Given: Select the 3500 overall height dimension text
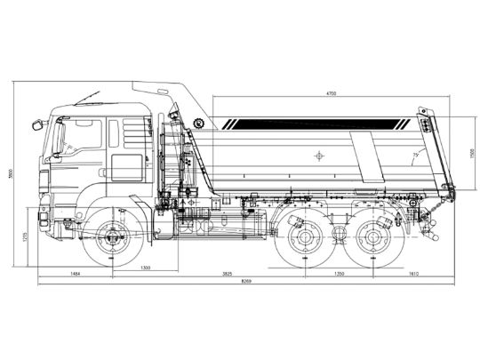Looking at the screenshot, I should click(x=12, y=175).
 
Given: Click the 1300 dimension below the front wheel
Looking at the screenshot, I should click(x=144, y=267).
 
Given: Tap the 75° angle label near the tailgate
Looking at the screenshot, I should click(x=415, y=156).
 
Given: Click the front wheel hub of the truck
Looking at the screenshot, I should click(x=112, y=237).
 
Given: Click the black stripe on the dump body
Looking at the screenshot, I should click(x=320, y=122).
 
